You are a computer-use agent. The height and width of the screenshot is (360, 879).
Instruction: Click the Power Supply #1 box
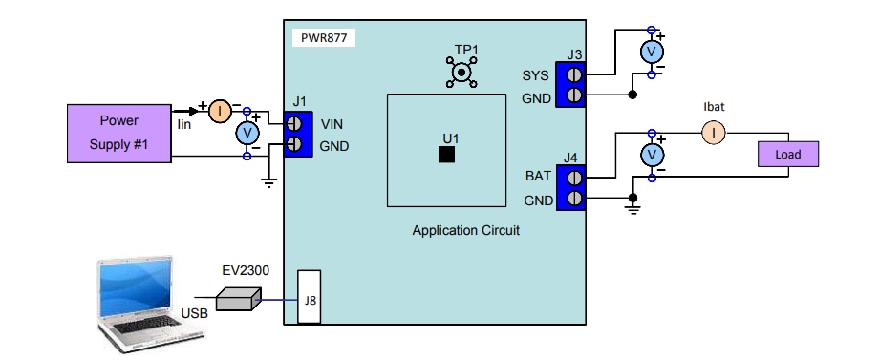(x=119, y=134)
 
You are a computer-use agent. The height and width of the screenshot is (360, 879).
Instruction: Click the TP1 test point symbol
(x=464, y=72)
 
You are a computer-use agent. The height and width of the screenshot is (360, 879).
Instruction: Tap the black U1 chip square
(x=446, y=154)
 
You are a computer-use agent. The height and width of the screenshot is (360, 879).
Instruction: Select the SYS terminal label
(x=537, y=75)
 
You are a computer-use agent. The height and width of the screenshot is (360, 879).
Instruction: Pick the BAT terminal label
(x=538, y=177)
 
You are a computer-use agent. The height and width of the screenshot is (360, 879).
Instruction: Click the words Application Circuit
(x=465, y=231)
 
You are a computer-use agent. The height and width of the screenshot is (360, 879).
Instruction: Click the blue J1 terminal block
(x=297, y=134)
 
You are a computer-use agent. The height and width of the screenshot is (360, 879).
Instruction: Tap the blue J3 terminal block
(x=573, y=85)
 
